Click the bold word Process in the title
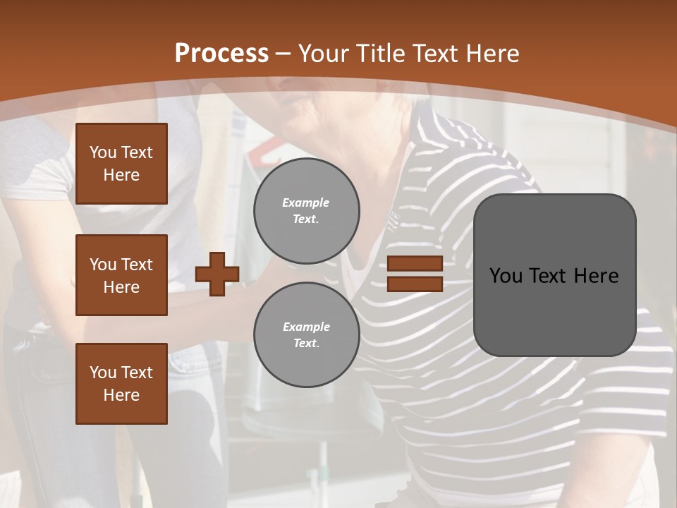221,54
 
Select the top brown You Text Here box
121,164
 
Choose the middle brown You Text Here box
121,275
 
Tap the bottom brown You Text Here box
121,384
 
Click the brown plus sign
217,274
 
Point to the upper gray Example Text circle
306,210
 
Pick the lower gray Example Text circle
306,334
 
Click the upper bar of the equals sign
415,263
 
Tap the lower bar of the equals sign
415,284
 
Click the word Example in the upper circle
306,202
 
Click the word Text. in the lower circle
306,343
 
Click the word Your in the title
322,54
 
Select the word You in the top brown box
103,152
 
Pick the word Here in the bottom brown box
121,395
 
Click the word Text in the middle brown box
137,265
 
